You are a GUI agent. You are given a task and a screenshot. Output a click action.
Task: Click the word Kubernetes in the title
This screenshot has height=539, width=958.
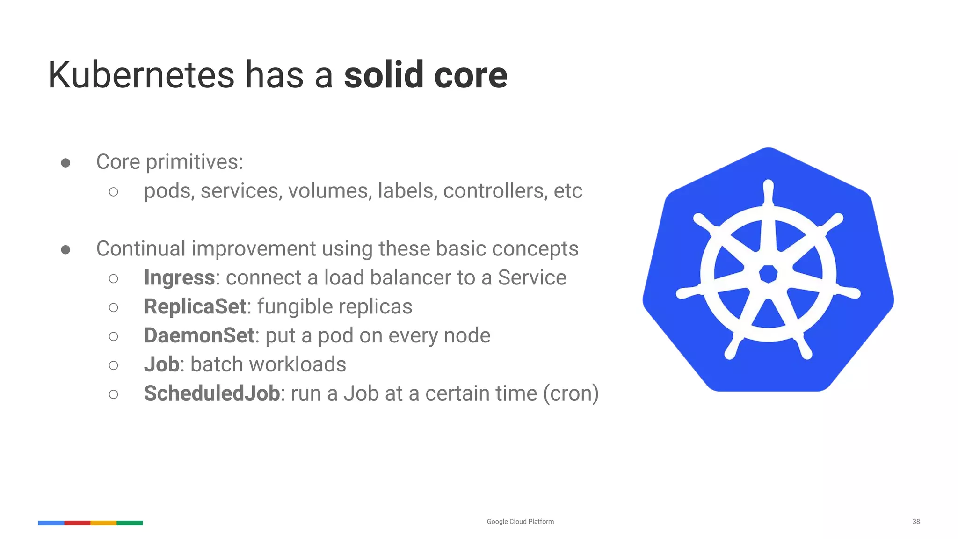tap(141, 75)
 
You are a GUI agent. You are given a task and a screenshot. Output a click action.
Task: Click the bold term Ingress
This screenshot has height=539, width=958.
tap(179, 278)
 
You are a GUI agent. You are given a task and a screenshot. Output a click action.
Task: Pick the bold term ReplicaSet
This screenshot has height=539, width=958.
tap(195, 307)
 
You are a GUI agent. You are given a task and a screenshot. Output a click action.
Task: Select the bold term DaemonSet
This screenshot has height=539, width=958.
tap(199, 335)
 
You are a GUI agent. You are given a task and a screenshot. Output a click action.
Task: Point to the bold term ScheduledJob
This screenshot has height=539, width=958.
tap(212, 393)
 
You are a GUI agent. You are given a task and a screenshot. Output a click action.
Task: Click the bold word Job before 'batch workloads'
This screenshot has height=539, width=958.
tap(161, 364)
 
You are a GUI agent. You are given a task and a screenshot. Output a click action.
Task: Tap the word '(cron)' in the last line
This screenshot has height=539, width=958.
tap(571, 393)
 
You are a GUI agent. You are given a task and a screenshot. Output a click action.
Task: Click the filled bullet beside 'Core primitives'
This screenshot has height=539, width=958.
tap(65, 163)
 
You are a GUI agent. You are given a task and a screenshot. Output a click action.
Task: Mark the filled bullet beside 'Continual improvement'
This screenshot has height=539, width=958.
tap(65, 250)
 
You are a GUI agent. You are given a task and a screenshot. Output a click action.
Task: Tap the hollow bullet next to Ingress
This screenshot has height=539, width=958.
tap(113, 279)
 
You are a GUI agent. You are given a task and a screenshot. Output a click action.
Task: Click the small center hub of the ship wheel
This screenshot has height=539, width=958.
tap(768, 274)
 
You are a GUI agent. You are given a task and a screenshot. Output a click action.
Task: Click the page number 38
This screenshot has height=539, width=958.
tap(916, 521)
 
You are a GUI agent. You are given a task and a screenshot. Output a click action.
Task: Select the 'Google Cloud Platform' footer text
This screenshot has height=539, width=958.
tap(520, 521)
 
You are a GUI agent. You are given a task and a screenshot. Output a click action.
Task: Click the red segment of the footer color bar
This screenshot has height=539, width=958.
tap(77, 523)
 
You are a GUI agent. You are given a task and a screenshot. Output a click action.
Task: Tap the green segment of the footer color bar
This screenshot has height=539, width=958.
tap(130, 523)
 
